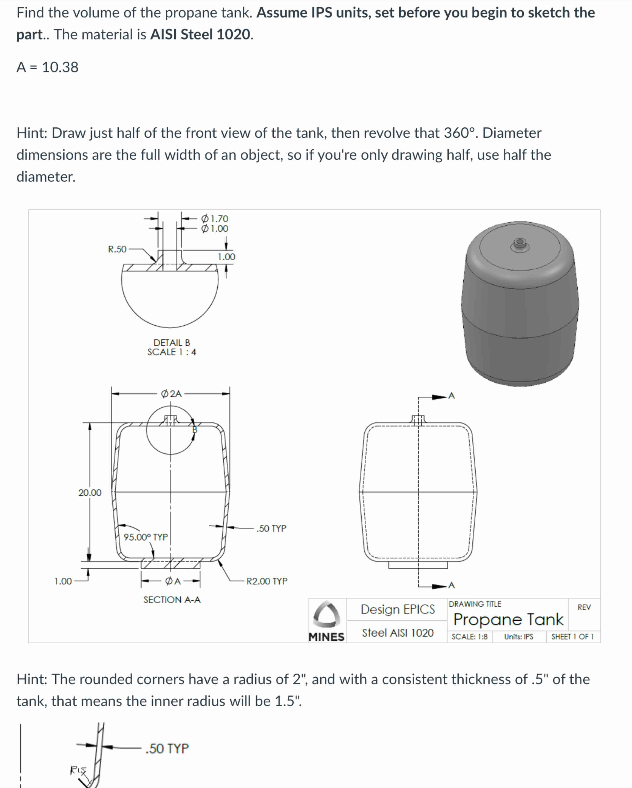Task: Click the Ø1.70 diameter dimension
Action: (x=215, y=219)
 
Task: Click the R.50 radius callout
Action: (x=117, y=249)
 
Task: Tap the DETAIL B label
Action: (x=172, y=342)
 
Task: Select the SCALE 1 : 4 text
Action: (x=172, y=352)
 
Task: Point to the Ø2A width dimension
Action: (x=171, y=394)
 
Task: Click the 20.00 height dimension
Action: (x=90, y=493)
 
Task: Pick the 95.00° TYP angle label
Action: (x=146, y=537)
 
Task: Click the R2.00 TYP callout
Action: (x=267, y=581)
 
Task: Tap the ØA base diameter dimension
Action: (x=173, y=581)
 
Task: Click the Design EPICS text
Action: (x=398, y=609)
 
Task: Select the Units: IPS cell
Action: (x=519, y=637)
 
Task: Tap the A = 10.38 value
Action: (x=47, y=67)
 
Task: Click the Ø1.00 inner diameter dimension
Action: (x=215, y=229)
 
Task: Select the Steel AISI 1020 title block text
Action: (x=398, y=633)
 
